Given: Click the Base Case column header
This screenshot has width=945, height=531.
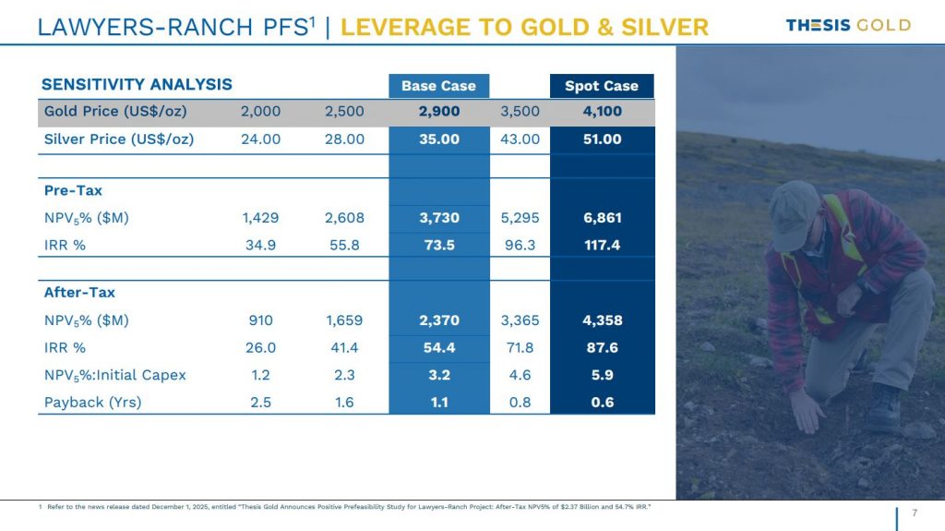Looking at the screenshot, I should click(438, 86).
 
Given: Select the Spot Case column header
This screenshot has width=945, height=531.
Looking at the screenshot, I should click(602, 86).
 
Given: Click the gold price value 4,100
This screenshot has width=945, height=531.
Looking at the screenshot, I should click(602, 112).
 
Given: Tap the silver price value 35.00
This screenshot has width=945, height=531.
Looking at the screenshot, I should click(438, 139).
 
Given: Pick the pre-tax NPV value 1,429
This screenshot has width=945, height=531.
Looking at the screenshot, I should click(260, 218).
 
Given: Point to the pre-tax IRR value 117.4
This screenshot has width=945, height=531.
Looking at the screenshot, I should click(602, 244).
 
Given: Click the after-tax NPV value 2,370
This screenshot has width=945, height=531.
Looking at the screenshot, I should click(438, 320).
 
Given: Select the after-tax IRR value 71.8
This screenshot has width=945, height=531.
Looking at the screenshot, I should click(520, 347).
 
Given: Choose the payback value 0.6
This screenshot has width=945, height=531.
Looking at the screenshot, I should click(602, 402).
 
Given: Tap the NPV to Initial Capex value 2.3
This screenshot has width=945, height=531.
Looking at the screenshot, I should click(344, 375).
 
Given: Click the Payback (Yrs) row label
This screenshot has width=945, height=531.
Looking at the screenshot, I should click(92, 402).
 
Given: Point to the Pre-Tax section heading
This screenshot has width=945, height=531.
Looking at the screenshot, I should click(73, 190).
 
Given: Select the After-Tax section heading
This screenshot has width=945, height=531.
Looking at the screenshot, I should click(79, 293).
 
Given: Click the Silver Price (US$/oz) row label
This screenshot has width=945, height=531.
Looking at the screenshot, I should click(119, 139).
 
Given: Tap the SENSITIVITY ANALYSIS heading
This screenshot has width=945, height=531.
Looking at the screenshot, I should click(137, 85).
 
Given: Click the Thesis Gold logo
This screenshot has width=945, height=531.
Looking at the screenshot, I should click(847, 25).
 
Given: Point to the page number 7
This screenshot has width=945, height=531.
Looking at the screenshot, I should click(914, 513).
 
